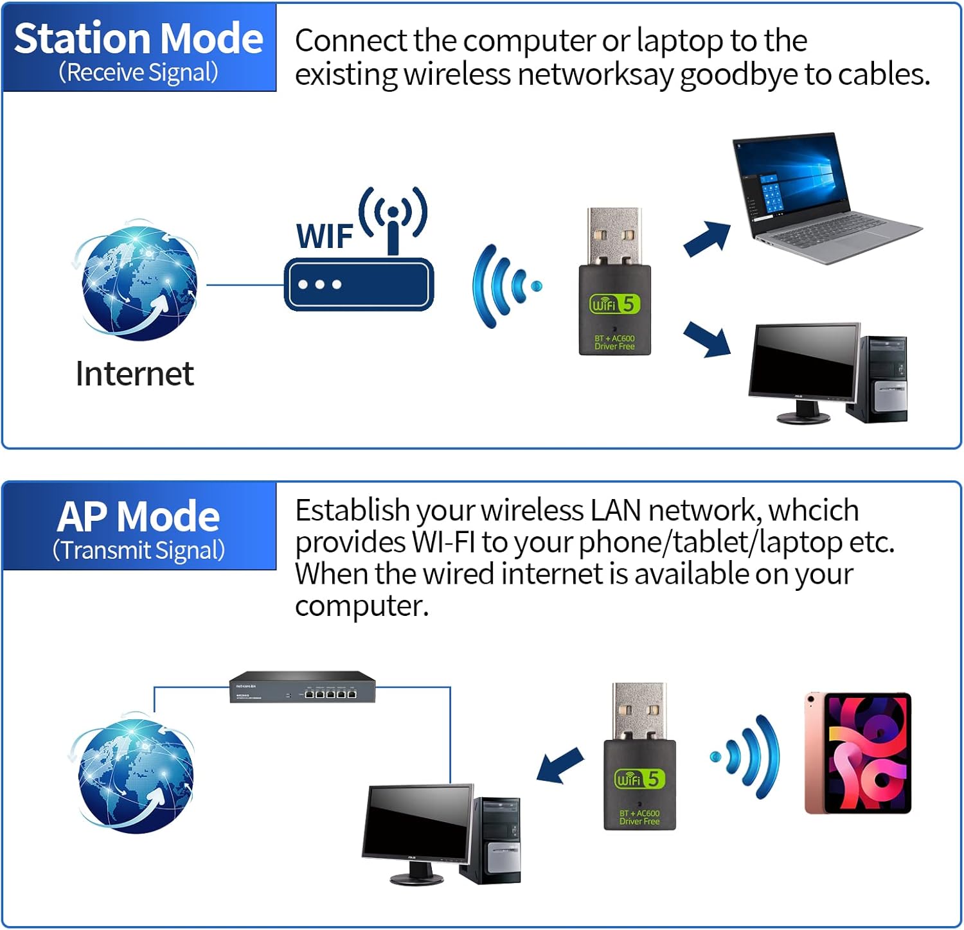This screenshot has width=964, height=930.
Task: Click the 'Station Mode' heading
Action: click(138, 39)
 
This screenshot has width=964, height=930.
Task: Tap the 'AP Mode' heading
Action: click(138, 516)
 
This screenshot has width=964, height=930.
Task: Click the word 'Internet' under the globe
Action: click(134, 374)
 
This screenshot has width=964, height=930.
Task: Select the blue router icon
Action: click(359, 284)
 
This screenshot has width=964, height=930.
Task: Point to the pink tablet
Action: click(858, 753)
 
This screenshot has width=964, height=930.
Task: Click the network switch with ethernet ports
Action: click(303, 687)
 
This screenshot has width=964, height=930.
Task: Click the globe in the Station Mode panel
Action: click(136, 281)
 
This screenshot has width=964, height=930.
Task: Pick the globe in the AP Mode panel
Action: click(134, 773)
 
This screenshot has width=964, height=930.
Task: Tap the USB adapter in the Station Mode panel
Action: click(614, 283)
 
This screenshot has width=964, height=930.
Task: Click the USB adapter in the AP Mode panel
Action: click(639, 758)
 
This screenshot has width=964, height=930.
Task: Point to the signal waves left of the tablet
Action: click(749, 757)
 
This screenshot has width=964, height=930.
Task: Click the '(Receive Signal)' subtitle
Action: click(138, 72)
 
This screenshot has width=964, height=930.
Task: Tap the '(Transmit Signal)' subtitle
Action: click(138, 550)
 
